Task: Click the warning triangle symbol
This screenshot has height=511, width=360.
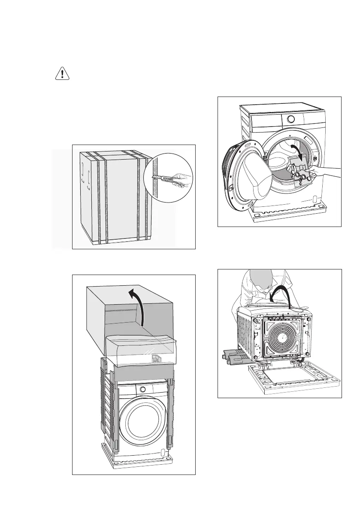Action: tap(62, 74)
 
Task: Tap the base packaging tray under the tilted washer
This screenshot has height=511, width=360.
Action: tap(292, 378)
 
